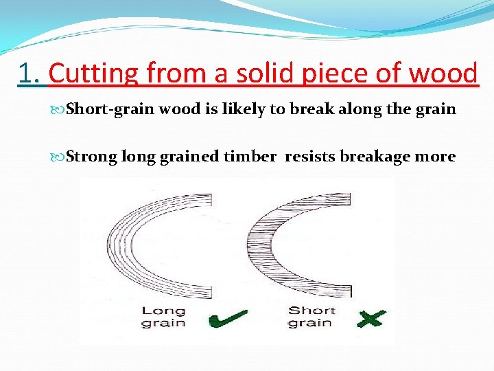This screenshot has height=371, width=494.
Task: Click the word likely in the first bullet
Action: [x=239, y=109]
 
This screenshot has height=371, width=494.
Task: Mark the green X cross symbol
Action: [x=370, y=318]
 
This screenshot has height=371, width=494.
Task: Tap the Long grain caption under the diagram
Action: [x=163, y=317]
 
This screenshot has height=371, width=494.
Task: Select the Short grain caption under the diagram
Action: [x=311, y=317]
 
